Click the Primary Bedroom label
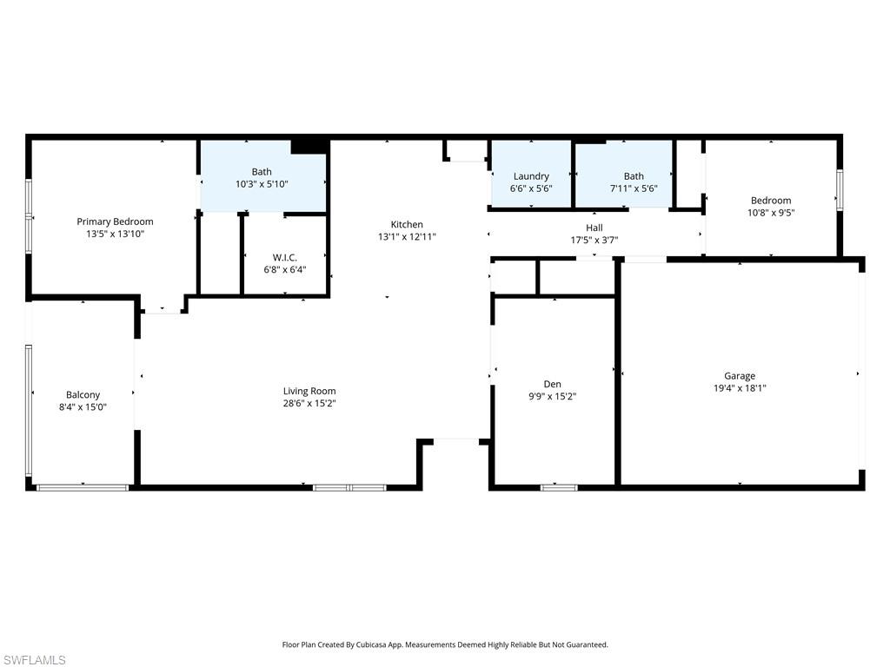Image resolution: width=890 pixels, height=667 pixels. (115, 221)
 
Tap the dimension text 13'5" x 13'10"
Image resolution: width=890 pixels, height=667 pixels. (115, 234)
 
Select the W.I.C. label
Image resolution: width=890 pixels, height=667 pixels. (285, 257)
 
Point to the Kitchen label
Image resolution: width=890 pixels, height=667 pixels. (407, 224)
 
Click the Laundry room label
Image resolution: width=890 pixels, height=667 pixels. (531, 176)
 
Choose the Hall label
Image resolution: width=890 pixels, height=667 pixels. (594, 228)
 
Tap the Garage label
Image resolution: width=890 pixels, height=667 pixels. (740, 376)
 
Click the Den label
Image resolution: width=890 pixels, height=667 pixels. (553, 384)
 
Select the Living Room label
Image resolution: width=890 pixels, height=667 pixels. (309, 391)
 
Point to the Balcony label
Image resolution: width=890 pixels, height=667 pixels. (83, 394)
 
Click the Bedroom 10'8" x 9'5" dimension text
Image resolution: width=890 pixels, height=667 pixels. (771, 212)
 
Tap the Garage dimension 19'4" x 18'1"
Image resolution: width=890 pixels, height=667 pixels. (740, 388)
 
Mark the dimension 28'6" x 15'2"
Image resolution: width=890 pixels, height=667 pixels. (309, 403)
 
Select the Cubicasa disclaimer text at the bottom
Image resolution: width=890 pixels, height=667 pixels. (445, 644)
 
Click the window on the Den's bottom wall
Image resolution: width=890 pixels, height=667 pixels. (559, 487)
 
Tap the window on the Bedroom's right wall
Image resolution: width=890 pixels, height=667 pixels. (840, 189)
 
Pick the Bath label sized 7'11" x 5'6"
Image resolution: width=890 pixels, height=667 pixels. (634, 176)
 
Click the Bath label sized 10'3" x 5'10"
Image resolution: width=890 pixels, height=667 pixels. (262, 172)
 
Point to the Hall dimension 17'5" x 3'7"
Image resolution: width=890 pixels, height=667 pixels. (594, 241)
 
